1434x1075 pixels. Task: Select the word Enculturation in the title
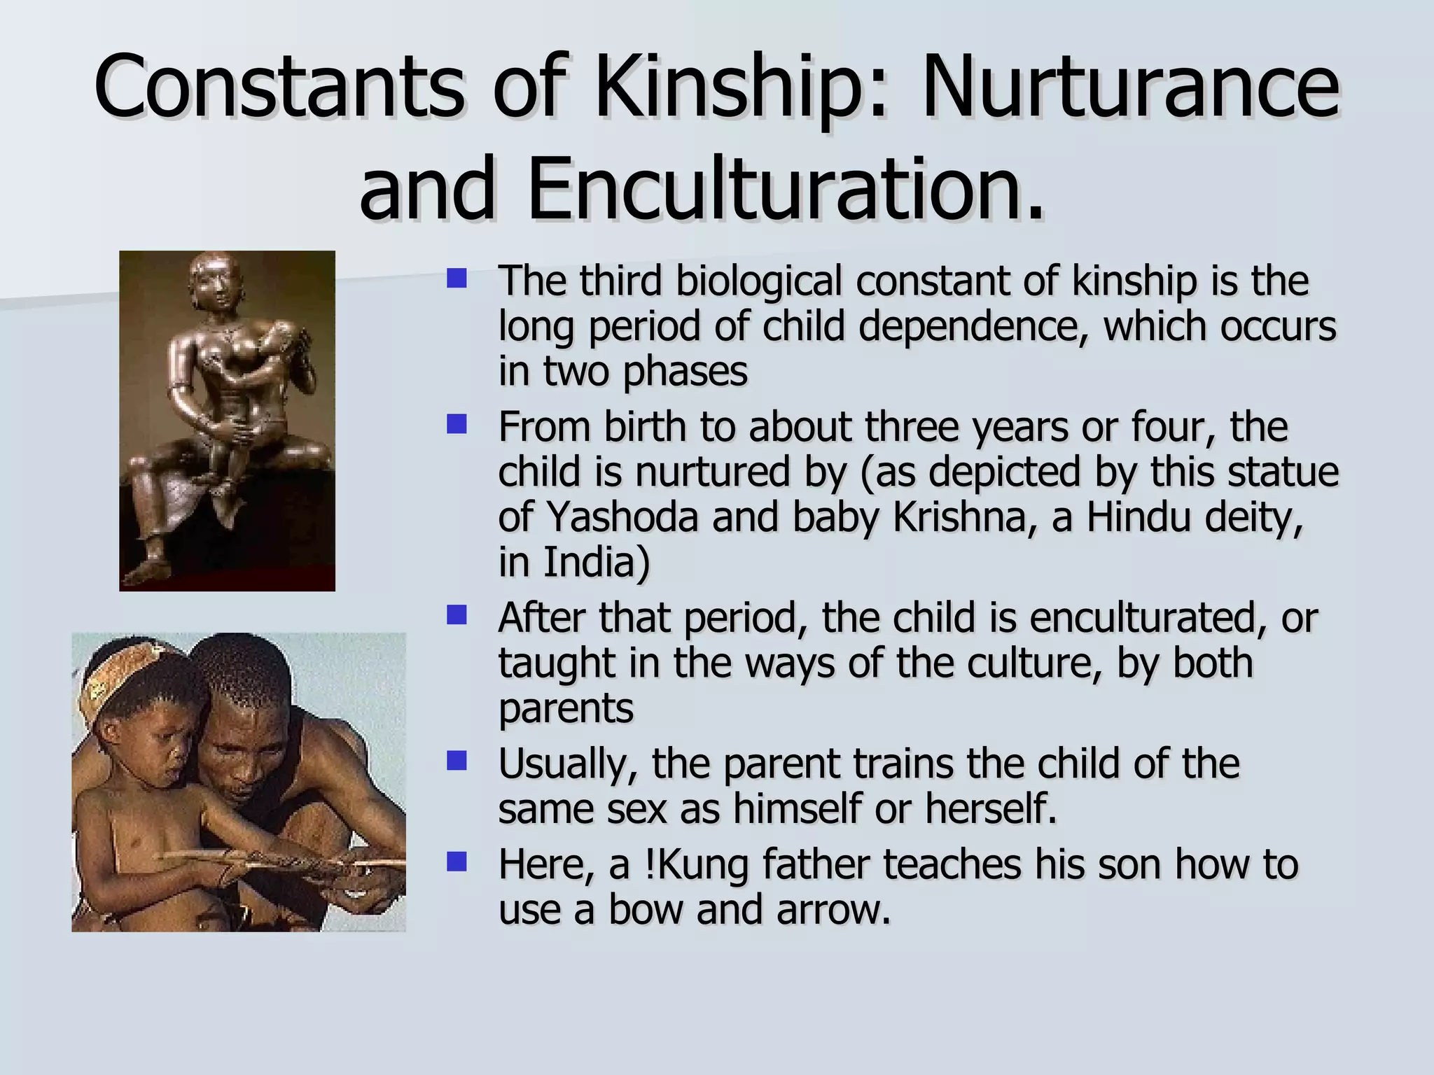[x=784, y=189]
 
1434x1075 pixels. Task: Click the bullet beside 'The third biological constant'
[x=457, y=279]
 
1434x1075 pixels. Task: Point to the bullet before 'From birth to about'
[x=457, y=424]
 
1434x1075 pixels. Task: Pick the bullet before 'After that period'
[x=457, y=616]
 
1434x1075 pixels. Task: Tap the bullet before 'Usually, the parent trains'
[x=457, y=761]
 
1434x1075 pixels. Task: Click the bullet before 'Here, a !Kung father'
[x=457, y=862]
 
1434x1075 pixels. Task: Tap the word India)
[x=574, y=562]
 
